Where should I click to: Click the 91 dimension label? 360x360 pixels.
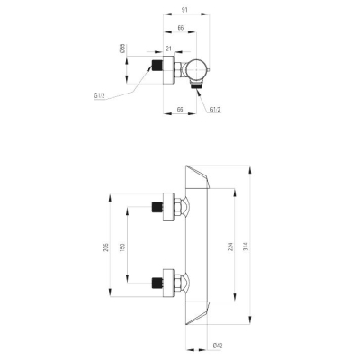pos(184,10)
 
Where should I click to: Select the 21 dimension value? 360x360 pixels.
pos(168,49)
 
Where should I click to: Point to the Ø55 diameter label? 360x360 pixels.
pos(122,49)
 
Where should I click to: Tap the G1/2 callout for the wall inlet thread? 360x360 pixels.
pos(99,96)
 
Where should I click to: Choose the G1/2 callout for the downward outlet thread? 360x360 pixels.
pos(215,110)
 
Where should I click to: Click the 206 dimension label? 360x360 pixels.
pos(106,247)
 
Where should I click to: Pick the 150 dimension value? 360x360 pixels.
pos(122,247)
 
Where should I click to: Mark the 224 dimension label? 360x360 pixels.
pos(231,247)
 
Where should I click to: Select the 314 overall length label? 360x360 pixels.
pos(246,247)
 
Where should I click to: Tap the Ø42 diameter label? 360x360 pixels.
pos(218,346)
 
